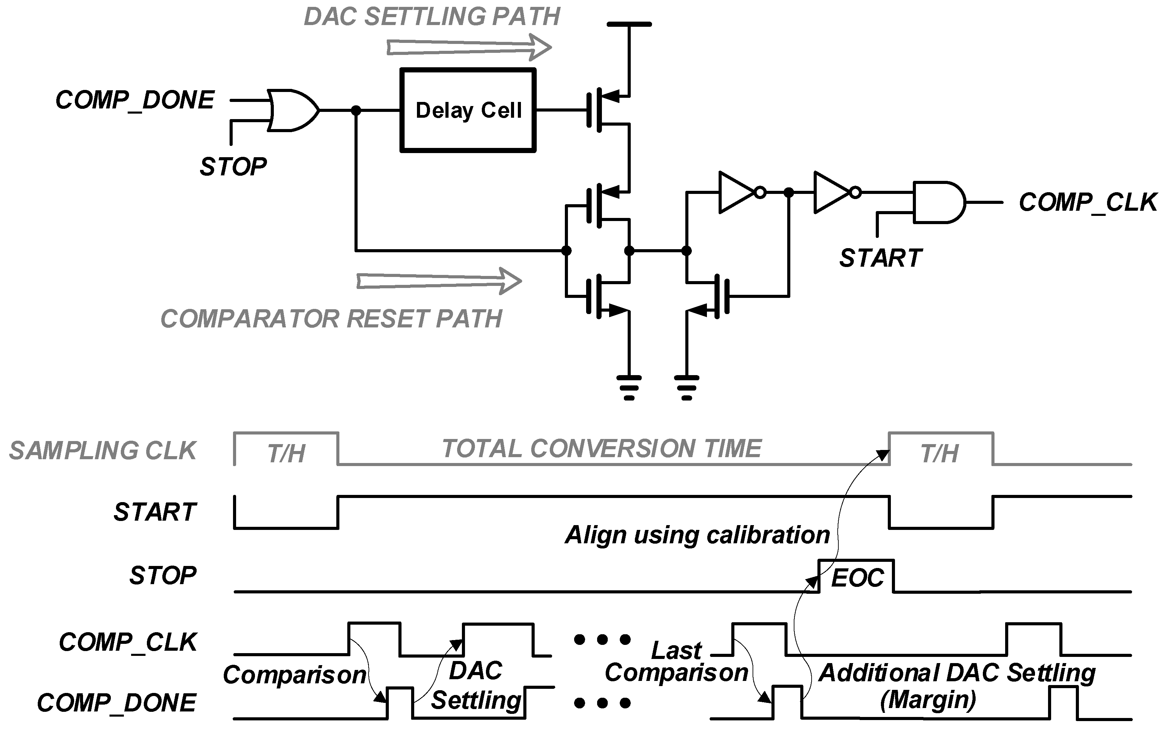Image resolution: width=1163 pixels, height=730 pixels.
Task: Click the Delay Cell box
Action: [467, 111]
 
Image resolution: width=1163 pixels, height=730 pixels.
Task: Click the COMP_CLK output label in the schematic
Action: [1087, 202]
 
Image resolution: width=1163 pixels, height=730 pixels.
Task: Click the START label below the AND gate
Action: [881, 258]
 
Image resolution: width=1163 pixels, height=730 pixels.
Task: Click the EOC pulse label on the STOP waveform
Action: [857, 578]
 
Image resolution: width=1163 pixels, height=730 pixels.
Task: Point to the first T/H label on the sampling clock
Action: [286, 453]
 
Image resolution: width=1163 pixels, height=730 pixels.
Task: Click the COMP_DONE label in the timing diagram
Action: [116, 703]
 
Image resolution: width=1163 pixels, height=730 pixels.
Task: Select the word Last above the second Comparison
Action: [676, 650]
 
